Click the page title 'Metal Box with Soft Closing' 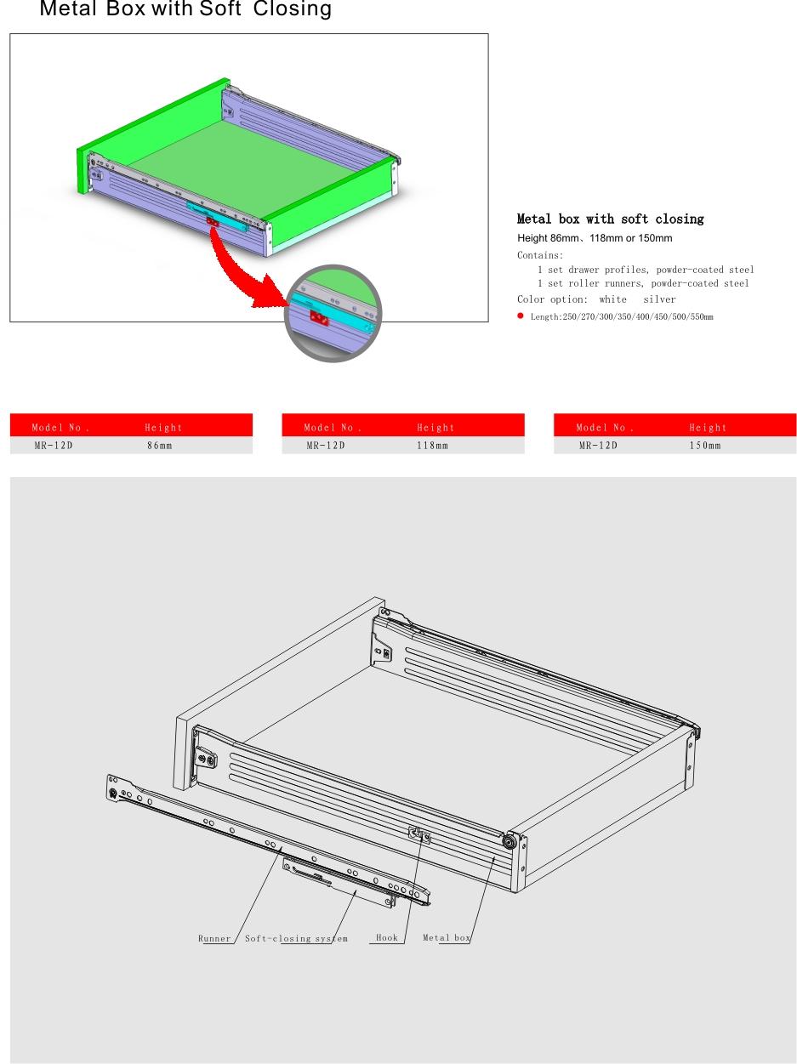click(185, 9)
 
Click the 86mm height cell click(160, 446)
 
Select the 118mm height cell click(432, 446)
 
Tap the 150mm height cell click(705, 446)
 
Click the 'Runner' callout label click(214, 938)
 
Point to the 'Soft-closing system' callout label click(296, 938)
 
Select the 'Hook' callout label click(387, 938)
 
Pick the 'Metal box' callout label click(447, 938)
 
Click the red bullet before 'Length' click(521, 316)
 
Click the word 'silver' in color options click(659, 299)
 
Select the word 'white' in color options click(612, 299)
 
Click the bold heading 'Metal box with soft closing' click(611, 219)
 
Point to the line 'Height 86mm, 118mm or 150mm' click(595, 238)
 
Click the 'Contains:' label click(540, 255)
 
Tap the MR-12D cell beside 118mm click(326, 446)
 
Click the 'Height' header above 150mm click(708, 428)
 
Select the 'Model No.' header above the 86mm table click(60, 428)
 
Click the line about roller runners click(643, 283)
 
